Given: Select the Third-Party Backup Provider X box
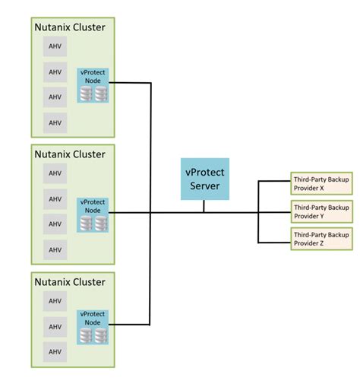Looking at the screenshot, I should [321, 182].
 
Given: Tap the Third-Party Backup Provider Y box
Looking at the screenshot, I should [321, 210].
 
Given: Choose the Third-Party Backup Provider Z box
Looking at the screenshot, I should [321, 238].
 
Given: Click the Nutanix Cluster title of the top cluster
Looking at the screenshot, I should [70, 28].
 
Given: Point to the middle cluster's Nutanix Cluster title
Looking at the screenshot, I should [70, 154].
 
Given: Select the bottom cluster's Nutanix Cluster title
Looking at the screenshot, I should [70, 281].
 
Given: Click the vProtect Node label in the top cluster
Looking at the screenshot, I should [93, 78].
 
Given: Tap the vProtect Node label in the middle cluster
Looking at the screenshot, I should [93, 206].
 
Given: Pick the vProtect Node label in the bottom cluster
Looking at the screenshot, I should [93, 318].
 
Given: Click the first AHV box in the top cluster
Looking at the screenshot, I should [55, 46].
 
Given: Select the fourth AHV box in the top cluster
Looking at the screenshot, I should [55, 122].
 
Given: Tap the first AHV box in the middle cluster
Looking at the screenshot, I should [55, 173].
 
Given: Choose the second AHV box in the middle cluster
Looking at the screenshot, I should [55, 199].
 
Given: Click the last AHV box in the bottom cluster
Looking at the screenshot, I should [55, 351].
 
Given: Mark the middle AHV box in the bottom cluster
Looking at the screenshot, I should [55, 326].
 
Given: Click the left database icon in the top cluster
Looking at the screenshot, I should [86, 94].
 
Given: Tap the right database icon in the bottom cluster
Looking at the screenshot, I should [101, 335].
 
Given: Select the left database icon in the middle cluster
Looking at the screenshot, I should [86, 223].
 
